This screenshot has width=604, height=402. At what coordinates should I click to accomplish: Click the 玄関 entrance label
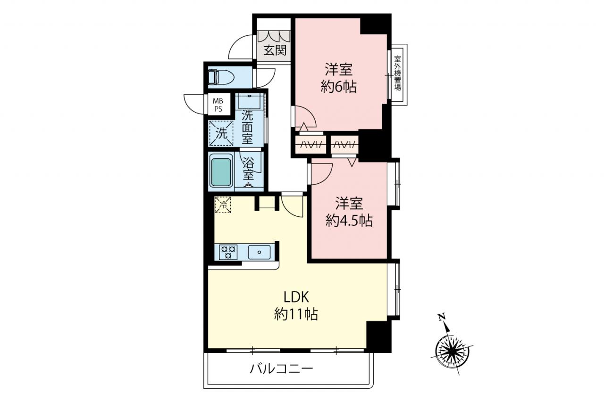tap(275, 50)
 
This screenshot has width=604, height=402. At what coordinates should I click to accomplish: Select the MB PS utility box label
tap(218, 105)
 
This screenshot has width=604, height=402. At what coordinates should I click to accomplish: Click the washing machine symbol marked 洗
tap(221, 133)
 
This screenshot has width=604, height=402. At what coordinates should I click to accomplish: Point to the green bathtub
tap(221, 172)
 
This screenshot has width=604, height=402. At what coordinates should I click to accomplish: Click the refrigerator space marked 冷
tap(223, 205)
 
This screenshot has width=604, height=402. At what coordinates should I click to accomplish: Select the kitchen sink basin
tap(259, 252)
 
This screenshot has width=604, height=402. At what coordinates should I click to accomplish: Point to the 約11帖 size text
tap(296, 314)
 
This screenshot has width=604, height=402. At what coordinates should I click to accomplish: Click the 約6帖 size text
tap(339, 87)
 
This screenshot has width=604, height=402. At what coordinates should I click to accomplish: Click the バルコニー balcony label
tap(282, 369)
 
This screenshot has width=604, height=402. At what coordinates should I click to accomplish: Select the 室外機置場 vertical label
tap(397, 73)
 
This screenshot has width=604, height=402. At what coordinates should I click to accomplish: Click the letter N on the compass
tap(441, 317)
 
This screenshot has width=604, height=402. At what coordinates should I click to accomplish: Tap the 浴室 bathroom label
tap(248, 168)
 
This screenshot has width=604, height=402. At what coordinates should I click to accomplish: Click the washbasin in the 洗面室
tap(250, 101)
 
